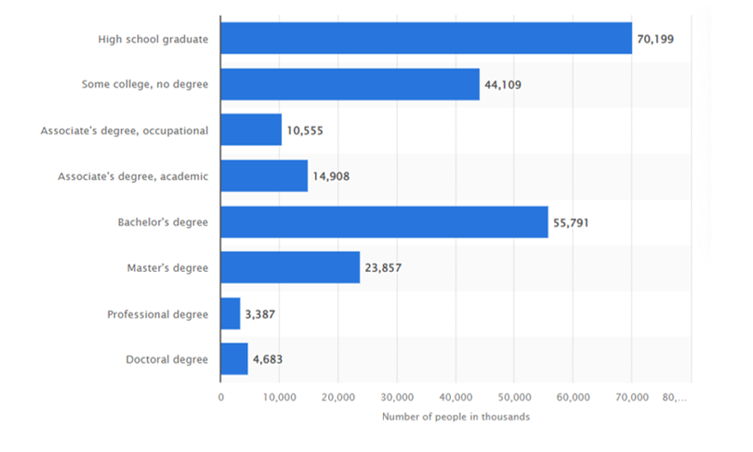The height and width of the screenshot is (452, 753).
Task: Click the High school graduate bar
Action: (426, 39)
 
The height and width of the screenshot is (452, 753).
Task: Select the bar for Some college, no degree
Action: (349, 84)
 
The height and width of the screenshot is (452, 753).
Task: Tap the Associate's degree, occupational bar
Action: (251, 130)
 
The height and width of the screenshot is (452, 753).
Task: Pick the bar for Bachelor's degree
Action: (384, 222)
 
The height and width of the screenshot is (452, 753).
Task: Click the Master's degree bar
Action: (290, 268)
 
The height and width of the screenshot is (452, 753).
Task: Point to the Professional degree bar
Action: (230, 314)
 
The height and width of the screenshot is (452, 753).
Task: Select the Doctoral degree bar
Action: (234, 359)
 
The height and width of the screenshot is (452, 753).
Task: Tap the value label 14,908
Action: (331, 176)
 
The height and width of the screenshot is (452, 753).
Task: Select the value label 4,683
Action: (267, 360)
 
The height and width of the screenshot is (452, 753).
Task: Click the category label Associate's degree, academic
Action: (133, 176)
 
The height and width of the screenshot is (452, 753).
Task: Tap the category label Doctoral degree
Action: (167, 359)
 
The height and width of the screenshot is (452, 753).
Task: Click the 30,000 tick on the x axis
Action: (397, 397)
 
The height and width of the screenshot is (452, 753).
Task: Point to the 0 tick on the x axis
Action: (221, 397)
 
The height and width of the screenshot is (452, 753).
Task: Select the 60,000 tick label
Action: (573, 397)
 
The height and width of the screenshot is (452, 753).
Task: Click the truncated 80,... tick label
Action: (676, 397)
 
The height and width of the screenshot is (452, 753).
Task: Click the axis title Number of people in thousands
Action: (456, 417)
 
